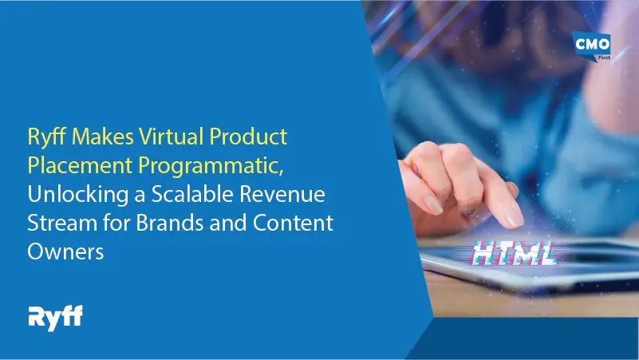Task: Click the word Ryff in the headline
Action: [45, 137]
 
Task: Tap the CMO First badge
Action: [592, 47]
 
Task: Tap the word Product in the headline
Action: [251, 137]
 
